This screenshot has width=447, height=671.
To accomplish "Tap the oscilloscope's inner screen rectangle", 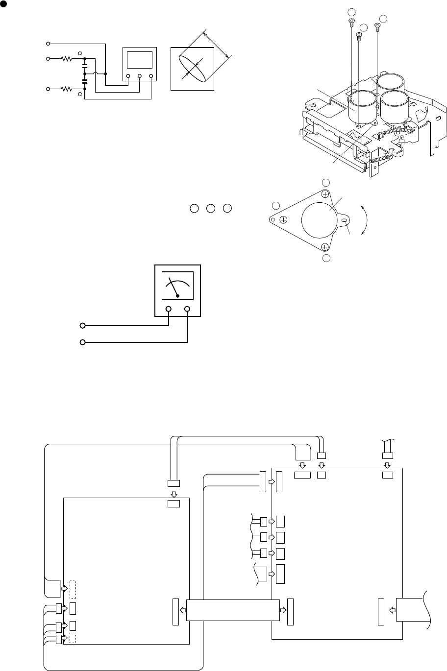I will click(139, 60).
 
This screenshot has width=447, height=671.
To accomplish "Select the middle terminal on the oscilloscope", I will click(140, 76).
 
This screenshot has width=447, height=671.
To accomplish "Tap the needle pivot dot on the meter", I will click(177, 296).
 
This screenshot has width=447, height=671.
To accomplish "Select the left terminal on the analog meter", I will click(168, 309).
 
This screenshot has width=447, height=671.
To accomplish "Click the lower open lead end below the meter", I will click(82, 342).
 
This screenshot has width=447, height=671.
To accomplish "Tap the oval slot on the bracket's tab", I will click(346, 221).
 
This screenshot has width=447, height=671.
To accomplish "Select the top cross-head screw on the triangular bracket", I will click(324, 195).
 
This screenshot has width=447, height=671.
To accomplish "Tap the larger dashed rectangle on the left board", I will click(73, 588).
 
